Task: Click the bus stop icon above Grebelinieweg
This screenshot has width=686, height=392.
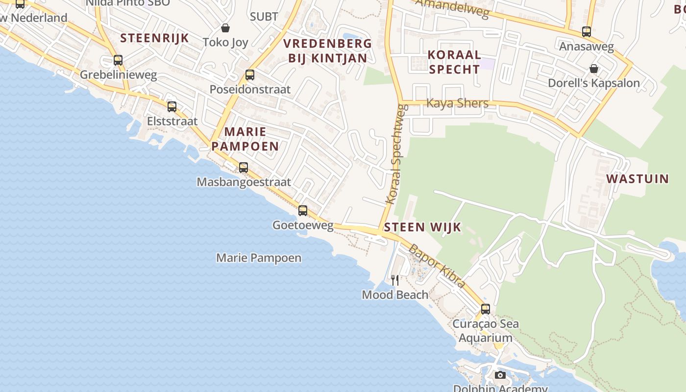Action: coord(118,60)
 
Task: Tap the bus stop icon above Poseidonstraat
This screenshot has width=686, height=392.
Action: coord(250,75)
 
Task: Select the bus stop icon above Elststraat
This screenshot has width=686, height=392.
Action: coord(172,107)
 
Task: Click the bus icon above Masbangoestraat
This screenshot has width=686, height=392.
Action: coord(244,168)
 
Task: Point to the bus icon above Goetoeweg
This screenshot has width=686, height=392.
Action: coord(303,211)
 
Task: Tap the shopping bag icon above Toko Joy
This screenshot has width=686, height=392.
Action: coord(225,28)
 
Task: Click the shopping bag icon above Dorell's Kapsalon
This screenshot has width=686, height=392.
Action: coord(594,69)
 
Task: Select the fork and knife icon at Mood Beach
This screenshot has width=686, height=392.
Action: coord(395,280)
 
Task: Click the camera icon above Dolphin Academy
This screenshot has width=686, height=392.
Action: coord(500,375)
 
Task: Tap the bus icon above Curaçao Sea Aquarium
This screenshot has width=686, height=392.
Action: coord(485,309)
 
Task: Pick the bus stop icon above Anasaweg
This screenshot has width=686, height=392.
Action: coord(587,32)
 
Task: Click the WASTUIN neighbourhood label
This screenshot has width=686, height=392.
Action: coord(637,179)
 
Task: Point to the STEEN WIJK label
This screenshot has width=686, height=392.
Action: coord(422,227)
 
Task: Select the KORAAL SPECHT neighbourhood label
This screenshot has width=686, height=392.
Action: coord(454,62)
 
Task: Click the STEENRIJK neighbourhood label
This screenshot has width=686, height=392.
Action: coord(154,38)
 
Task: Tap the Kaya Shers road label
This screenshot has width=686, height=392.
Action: coord(458,103)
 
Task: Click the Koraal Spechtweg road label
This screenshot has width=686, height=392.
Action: coord(394,154)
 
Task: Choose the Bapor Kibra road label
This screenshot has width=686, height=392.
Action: coord(436,266)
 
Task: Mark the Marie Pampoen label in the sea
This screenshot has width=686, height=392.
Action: coord(259,258)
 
